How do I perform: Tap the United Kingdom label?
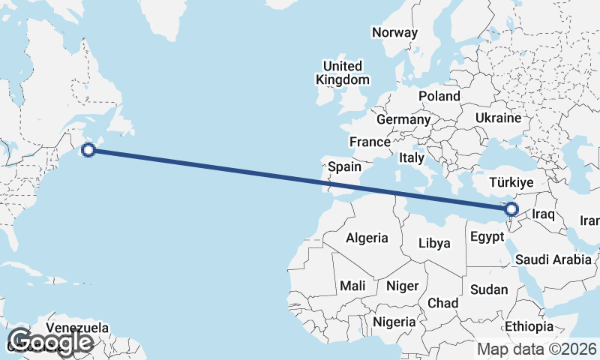[x=343, y=73]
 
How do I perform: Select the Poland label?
[x=439, y=96]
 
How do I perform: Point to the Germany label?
[x=403, y=119]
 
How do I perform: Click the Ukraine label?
[x=498, y=118]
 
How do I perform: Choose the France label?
[x=370, y=142]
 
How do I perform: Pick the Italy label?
[x=412, y=158]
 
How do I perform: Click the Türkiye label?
[x=511, y=182]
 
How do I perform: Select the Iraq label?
[x=542, y=214]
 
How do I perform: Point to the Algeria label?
[x=367, y=238]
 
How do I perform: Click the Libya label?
[x=434, y=243]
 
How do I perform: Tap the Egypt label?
[x=486, y=238]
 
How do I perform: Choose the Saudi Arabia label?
[x=553, y=259]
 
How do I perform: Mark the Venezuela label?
[x=77, y=328]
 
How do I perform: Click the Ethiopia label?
[x=529, y=326]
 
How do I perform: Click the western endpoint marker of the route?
[x=88, y=150]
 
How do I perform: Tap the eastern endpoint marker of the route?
[x=511, y=208]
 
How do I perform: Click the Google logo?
[x=49, y=342]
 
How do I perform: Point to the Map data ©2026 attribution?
[x=537, y=349]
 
